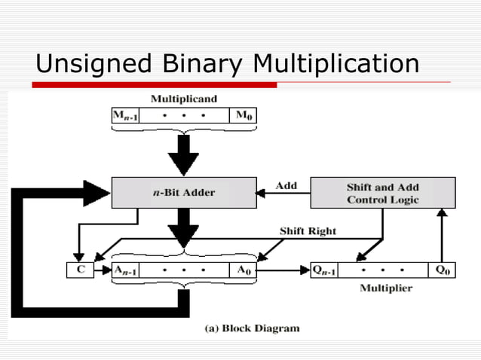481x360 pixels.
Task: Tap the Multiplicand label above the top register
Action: pos(183,99)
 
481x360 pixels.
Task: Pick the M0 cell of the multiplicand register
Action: pos(244,115)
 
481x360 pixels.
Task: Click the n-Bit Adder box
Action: pos(184,193)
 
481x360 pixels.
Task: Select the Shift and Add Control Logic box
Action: pos(383,193)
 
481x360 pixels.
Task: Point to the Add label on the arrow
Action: pos(286,185)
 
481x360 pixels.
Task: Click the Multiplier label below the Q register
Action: pos(385,288)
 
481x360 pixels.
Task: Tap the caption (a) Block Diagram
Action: pos(253,328)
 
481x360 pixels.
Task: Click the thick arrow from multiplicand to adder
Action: pos(183,154)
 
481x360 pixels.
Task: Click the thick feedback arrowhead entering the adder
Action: pos(97,193)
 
